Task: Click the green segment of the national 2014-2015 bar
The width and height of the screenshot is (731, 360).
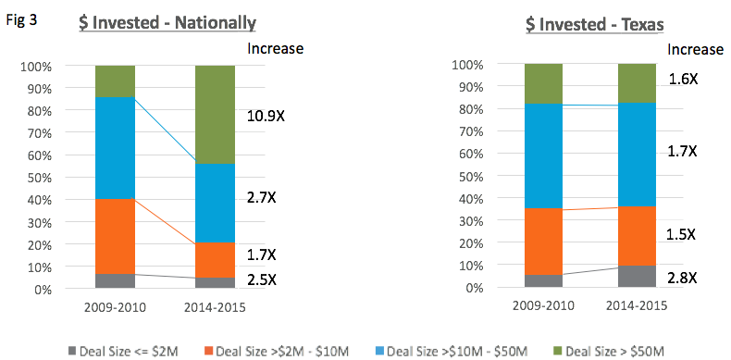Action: coord(215,115)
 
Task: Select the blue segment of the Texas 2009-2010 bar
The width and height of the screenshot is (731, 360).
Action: coord(542,155)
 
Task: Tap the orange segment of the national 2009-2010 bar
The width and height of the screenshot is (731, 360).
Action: coord(115,236)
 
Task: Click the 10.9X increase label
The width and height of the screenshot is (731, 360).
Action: coord(266,115)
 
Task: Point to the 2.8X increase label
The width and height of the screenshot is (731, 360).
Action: coord(683,279)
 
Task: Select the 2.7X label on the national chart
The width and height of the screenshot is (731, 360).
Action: coord(262,198)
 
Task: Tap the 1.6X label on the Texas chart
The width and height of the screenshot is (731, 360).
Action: coord(683,80)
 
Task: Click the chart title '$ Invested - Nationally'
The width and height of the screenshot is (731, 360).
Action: coord(167,23)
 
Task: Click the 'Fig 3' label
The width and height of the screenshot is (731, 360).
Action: coord(21,21)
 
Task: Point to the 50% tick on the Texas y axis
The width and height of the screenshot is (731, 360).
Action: coord(465,177)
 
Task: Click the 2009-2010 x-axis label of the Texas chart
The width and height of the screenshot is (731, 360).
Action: coord(543,306)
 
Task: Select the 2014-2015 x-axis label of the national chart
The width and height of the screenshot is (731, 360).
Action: coord(215,308)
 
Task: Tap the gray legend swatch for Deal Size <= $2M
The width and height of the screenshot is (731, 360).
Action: coord(71,350)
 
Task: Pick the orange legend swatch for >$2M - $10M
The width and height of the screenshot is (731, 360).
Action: coord(207,350)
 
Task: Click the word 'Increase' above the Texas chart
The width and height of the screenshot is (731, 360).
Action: coord(695,49)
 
